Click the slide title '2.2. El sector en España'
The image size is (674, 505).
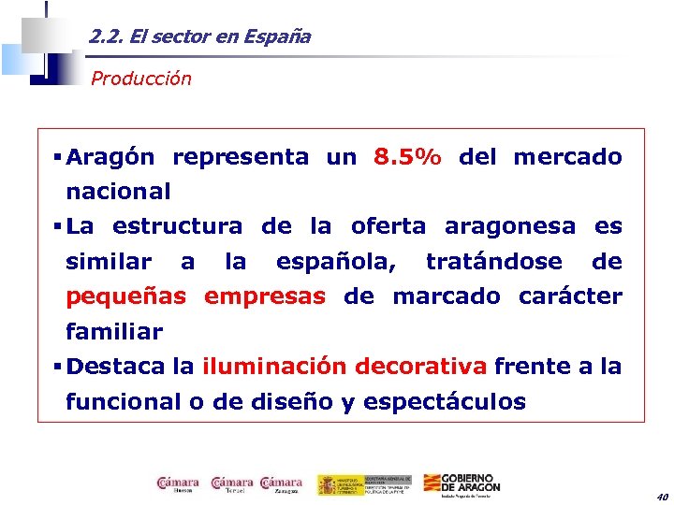[x=199, y=37]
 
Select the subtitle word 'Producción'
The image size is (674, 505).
[x=140, y=79]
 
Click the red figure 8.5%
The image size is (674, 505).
[x=407, y=157]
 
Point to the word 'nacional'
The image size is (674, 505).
[x=118, y=192]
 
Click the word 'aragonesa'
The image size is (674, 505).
[x=509, y=226]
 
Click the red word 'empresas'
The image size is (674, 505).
[x=265, y=296]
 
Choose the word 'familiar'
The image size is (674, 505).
[x=114, y=332]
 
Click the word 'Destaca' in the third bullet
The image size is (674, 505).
[x=116, y=367]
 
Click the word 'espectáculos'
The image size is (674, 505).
[x=444, y=402]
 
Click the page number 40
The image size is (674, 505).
[x=662, y=497]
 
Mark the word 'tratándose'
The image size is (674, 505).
[x=494, y=262]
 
